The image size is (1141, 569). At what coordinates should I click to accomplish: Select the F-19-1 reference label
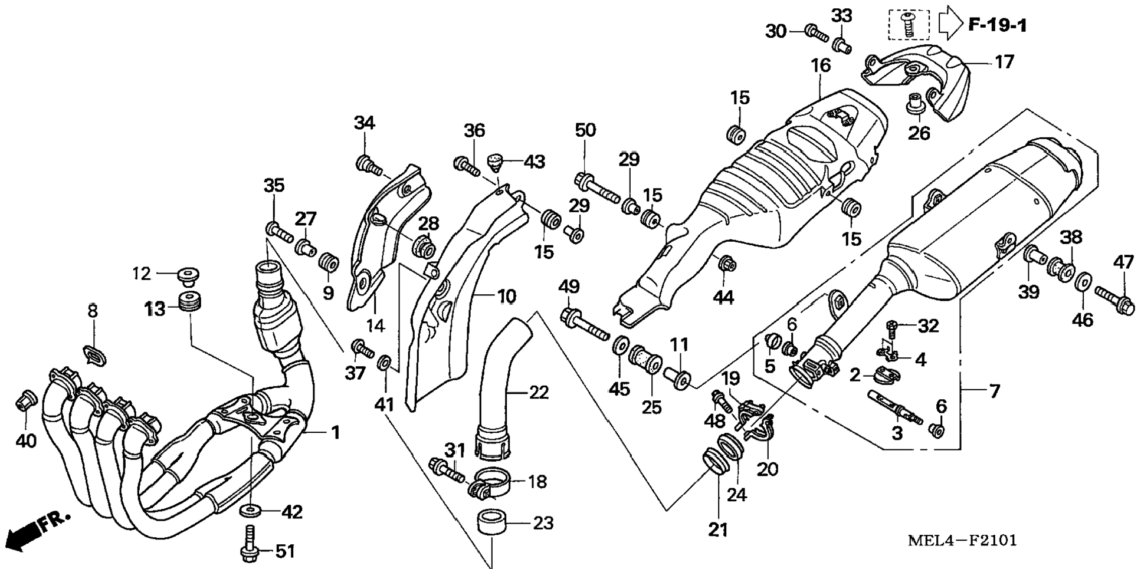point(997,25)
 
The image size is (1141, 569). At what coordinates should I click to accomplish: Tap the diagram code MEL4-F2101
point(962,540)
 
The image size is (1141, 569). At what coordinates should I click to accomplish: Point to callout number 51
point(286,551)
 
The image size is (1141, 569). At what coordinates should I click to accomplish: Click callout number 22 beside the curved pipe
point(539,392)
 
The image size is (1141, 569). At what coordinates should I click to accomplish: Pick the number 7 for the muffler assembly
point(995,390)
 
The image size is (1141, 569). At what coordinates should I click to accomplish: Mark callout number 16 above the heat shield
point(820,65)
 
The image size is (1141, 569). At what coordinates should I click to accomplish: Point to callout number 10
point(506,297)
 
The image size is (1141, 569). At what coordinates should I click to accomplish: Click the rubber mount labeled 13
point(189,302)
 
